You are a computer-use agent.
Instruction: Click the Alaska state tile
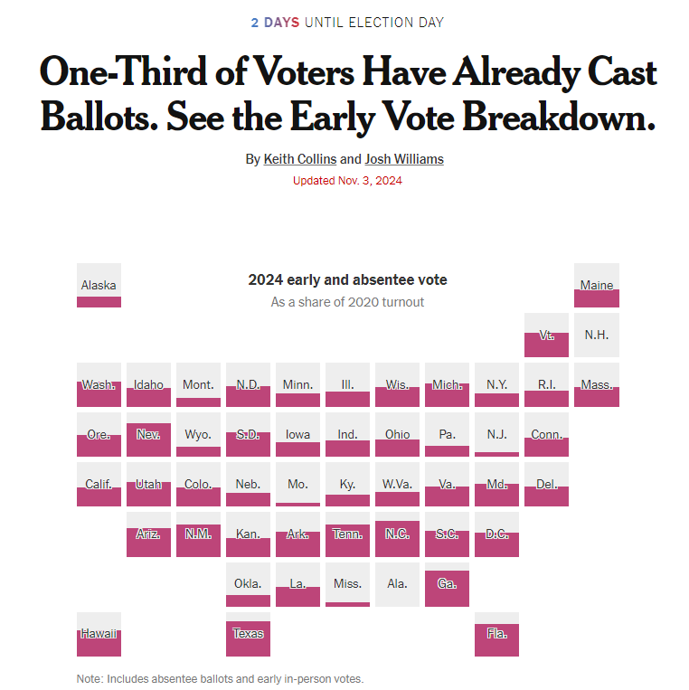(x=99, y=285)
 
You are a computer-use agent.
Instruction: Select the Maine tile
(x=597, y=285)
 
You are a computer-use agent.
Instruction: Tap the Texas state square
(x=248, y=633)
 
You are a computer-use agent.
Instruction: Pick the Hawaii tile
(x=99, y=633)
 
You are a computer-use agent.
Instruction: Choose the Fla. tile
(x=496, y=633)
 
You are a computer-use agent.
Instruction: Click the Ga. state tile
(x=447, y=583)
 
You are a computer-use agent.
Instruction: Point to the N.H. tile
(x=597, y=335)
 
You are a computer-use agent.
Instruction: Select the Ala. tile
(x=397, y=583)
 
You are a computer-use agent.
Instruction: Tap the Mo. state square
(x=297, y=484)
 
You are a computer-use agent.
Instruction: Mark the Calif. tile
(x=99, y=484)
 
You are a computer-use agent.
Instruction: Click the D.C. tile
(x=496, y=534)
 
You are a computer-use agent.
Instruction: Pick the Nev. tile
(x=148, y=434)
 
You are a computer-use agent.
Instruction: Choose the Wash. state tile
(x=99, y=384)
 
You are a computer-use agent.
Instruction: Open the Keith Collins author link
(x=299, y=159)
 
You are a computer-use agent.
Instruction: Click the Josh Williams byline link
(x=404, y=159)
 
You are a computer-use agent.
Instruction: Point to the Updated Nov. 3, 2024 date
(x=347, y=180)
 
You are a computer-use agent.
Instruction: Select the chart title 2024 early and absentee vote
(x=347, y=279)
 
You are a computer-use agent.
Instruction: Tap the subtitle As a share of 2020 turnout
(x=347, y=301)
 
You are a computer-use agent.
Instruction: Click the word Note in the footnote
(x=89, y=678)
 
